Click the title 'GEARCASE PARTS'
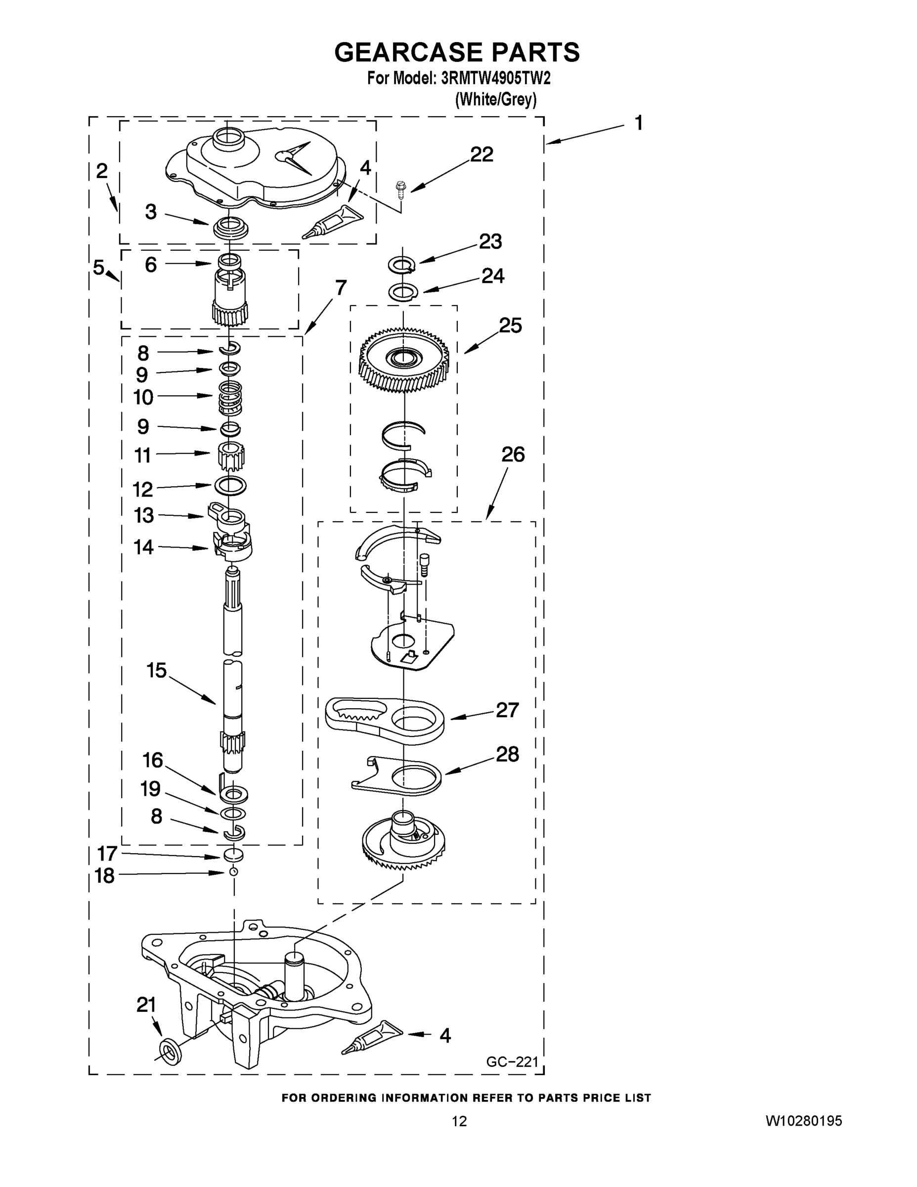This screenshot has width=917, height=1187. click(457, 53)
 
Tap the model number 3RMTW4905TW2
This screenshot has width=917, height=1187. click(496, 79)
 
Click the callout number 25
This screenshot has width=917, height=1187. click(510, 325)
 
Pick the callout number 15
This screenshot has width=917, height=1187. click(156, 670)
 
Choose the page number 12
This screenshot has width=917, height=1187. click(459, 1121)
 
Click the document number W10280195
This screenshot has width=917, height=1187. click(803, 1120)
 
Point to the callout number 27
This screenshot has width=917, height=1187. click(507, 710)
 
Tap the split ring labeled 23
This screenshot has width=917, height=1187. click(402, 265)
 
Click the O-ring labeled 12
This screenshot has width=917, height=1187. click(231, 484)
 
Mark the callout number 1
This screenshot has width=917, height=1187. click(639, 123)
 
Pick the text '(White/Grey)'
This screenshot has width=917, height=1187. click(495, 99)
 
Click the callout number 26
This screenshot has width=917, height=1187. click(513, 455)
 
